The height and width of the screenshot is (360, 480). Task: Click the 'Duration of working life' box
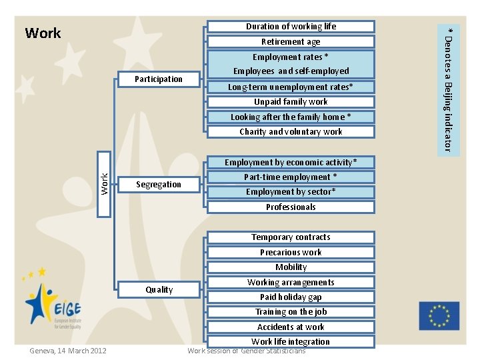click(291, 27)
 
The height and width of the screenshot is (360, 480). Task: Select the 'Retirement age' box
click(291, 42)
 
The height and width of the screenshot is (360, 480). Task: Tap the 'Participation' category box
click(159, 79)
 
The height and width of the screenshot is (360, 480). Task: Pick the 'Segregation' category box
click(159, 185)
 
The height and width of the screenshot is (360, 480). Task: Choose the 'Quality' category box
click(159, 290)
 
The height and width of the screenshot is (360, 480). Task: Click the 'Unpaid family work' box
click(291, 102)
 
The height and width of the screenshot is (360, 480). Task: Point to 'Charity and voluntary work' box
click(291, 132)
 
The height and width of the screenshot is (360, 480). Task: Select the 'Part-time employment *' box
click(291, 177)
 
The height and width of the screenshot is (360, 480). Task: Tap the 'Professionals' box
click(291, 207)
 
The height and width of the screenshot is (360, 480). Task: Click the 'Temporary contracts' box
click(291, 237)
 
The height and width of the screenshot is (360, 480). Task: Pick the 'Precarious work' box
click(291, 253)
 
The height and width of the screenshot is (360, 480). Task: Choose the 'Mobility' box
click(291, 267)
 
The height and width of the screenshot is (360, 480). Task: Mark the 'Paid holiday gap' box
click(291, 297)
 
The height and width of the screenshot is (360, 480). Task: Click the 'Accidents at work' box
click(291, 327)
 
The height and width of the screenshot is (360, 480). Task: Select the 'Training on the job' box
click(291, 312)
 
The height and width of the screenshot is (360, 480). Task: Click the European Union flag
click(439, 316)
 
